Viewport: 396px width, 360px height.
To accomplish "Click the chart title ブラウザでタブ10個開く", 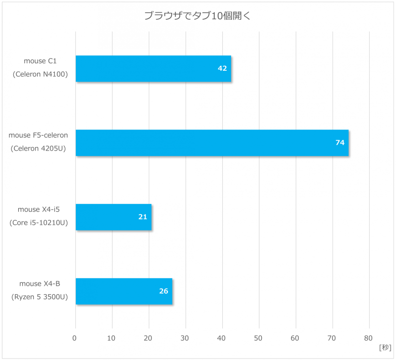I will pyautogui.click(x=197, y=15).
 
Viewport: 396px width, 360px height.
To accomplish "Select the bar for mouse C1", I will pyautogui.click(x=153, y=68).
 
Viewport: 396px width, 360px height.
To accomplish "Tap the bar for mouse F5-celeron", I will pyautogui.click(x=212, y=143).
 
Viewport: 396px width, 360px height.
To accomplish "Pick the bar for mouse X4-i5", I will pyautogui.click(x=113, y=217).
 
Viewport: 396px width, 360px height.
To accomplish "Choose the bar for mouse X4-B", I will pyautogui.click(x=124, y=291).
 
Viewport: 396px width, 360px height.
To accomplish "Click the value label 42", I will pyautogui.click(x=222, y=68).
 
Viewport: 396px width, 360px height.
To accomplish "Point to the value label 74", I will pyautogui.click(x=340, y=143).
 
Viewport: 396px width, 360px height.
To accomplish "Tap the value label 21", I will pyautogui.click(x=143, y=217).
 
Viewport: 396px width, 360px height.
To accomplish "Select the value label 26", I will pyautogui.click(x=163, y=291).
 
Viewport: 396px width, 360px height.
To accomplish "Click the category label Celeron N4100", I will pyautogui.click(x=40, y=74).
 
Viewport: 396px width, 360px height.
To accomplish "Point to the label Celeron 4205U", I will pyautogui.click(x=38, y=148).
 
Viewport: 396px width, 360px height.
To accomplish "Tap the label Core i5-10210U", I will pyautogui.click(x=38, y=222).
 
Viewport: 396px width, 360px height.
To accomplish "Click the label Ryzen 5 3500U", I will pyautogui.click(x=40, y=297).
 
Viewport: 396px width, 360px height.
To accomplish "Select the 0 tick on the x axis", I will pyautogui.click(x=75, y=338).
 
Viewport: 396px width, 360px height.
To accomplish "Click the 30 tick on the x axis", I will pyautogui.click(x=186, y=338).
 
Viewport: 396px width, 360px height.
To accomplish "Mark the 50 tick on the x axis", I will pyautogui.click(x=259, y=338).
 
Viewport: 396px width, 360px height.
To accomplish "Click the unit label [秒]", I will pyautogui.click(x=385, y=347).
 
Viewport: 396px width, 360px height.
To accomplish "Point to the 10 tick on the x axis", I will pyautogui.click(x=112, y=338).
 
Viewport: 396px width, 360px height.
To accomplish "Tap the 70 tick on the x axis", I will pyautogui.click(x=332, y=338).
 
